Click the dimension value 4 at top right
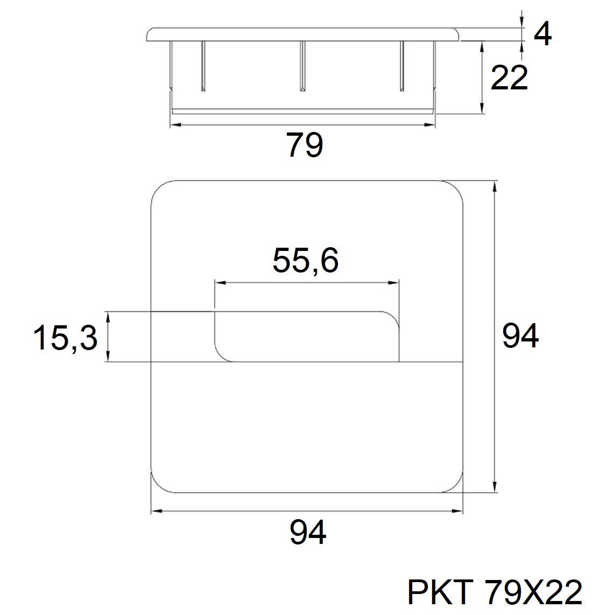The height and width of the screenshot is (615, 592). point(542,34)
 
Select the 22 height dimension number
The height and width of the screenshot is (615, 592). point(509,78)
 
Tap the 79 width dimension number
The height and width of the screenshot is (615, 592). point(305,145)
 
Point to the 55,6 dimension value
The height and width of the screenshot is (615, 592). point(305,261)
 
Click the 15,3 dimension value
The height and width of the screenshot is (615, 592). point(65,338)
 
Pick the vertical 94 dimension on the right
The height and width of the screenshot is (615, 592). point(520,336)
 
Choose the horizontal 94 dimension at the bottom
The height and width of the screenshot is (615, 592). point(308,532)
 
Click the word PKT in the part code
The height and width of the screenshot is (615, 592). point(440,592)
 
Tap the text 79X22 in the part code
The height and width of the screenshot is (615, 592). point(533,592)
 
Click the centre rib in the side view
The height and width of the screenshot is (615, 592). point(302,66)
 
